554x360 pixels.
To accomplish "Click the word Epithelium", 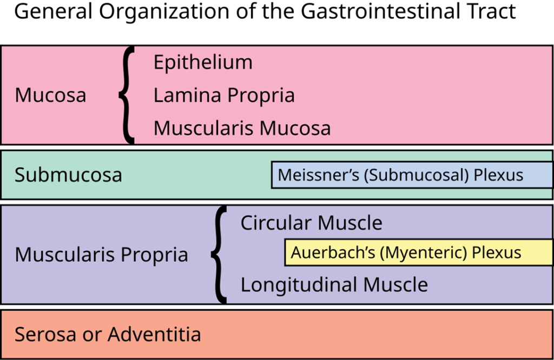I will [203, 63].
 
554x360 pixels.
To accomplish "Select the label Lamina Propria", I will [224, 96].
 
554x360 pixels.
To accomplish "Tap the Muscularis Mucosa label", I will [242, 129].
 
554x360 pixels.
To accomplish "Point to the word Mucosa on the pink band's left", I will [50, 96].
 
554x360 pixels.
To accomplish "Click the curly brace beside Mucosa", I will [127, 96].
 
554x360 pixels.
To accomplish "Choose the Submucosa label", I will [68, 175].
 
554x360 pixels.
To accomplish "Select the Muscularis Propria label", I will [101, 255].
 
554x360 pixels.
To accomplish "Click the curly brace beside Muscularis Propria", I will [219, 254].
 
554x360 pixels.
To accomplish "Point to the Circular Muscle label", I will [311, 223].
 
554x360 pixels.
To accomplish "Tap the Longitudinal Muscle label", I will [334, 285].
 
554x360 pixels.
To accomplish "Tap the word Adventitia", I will [154, 334].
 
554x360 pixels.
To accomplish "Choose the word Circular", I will [276, 223].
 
